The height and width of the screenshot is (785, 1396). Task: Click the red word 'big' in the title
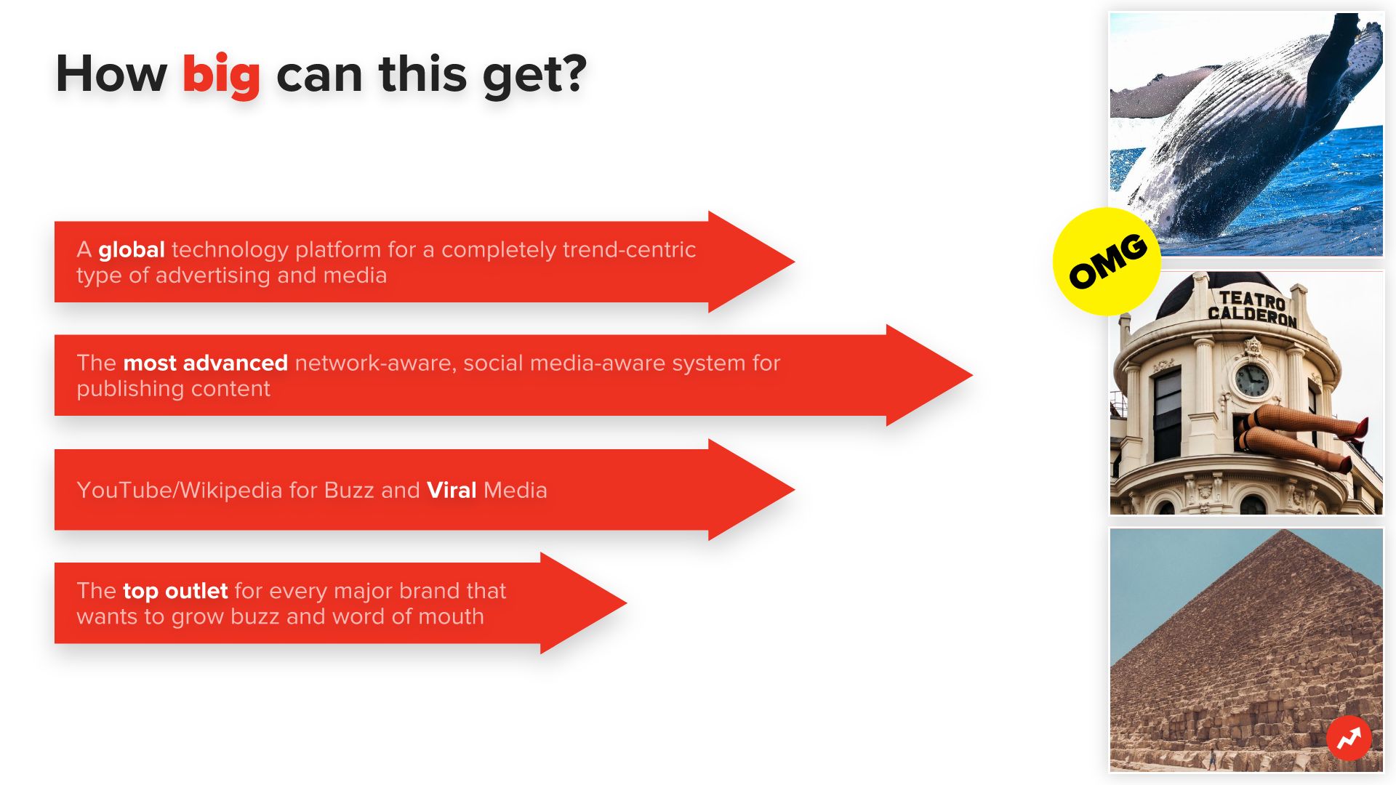(221, 76)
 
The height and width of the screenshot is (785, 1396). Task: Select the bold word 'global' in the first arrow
(132, 250)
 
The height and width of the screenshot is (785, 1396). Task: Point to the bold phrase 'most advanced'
(206, 363)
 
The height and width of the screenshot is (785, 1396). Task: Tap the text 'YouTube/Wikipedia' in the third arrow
(180, 491)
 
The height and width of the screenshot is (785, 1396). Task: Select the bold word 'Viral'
(452, 491)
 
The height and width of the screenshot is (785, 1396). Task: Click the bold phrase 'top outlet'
(175, 591)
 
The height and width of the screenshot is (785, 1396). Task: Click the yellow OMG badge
(1107, 262)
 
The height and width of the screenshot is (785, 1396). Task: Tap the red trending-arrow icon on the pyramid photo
(1349, 738)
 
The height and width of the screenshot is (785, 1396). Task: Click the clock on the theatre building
(1252, 380)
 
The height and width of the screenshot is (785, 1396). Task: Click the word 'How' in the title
(111, 74)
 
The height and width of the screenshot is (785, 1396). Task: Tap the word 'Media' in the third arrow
(516, 491)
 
